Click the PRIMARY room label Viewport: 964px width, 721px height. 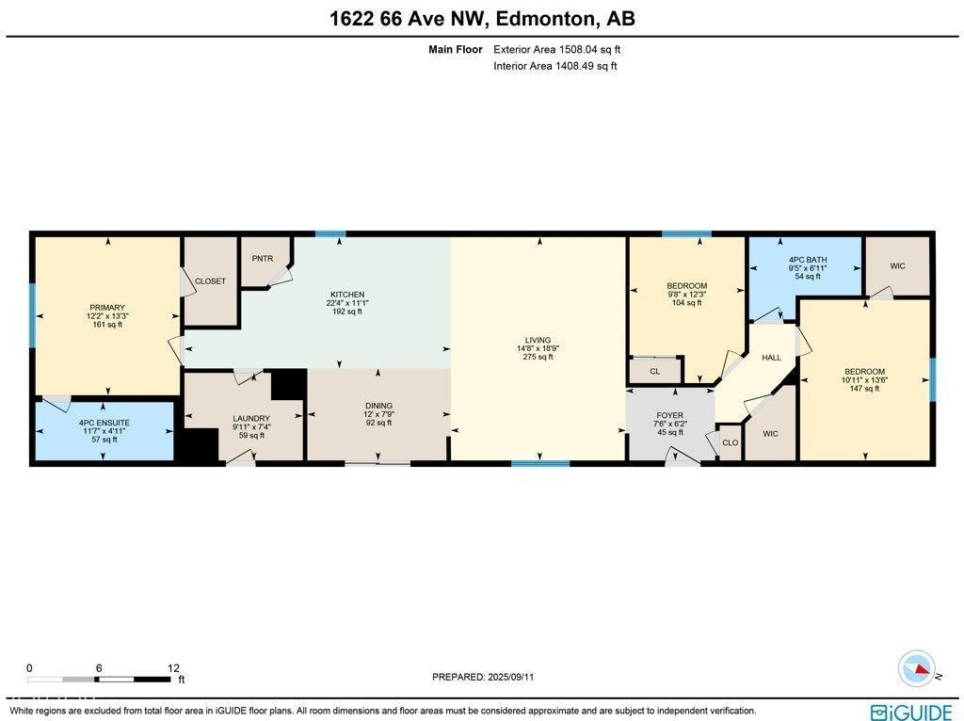coord(107,307)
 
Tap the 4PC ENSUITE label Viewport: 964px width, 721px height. coord(104,423)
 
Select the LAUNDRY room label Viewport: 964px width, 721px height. coord(251,419)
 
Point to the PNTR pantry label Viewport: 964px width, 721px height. coord(262,258)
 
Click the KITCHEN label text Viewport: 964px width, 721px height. coord(346,295)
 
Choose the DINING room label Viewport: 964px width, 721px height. coord(378,406)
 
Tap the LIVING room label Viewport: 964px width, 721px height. coord(538,340)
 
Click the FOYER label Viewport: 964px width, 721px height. coord(670,415)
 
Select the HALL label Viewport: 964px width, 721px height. coord(772,358)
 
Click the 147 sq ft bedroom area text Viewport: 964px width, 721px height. coord(863,389)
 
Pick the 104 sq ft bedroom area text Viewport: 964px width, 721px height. coord(686,303)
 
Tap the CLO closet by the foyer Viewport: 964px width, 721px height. coord(730,442)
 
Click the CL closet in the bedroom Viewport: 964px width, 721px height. coord(654,372)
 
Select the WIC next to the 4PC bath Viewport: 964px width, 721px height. coord(897,266)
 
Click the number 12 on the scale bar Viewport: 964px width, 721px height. coord(172,667)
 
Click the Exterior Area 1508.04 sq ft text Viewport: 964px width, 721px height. coord(557,50)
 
